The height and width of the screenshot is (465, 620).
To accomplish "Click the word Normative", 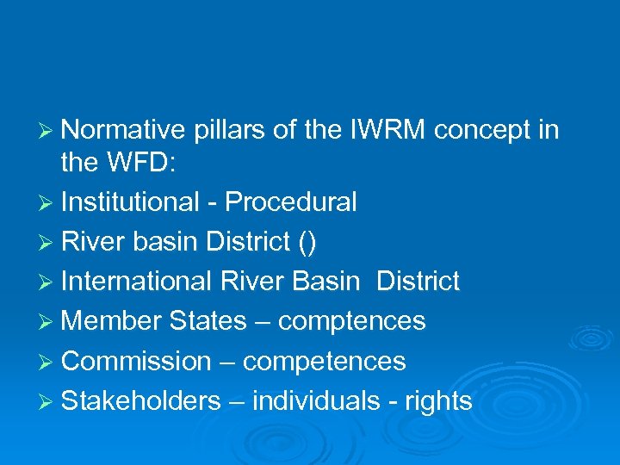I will pos(124,130).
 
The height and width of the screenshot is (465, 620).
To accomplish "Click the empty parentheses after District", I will pos(307,242).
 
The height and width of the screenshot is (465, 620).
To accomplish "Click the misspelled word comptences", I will pos(352,321).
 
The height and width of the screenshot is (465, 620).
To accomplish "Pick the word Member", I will pos(112,321).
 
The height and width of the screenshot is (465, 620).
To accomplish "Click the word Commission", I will pos(136,361).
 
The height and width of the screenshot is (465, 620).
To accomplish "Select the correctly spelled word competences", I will pos(324,361).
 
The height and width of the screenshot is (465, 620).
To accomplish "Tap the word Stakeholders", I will pos(141,400).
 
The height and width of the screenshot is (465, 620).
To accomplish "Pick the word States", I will pos(208,321).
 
